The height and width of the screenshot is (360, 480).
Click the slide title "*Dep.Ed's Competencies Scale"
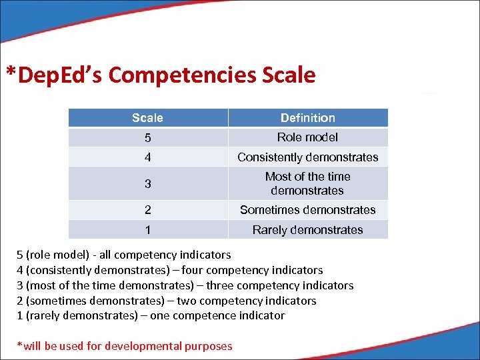pos(161,75)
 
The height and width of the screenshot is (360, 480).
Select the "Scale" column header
pos(147,118)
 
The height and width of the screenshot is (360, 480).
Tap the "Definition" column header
pos(308,118)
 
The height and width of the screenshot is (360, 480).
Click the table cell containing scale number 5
pos(147,138)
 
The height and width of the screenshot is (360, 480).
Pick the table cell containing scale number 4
pos(147,157)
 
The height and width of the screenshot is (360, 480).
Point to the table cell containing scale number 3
pos(147,183)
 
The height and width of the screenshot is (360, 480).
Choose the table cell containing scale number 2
pos(147,210)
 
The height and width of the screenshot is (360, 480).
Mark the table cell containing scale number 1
pos(147,230)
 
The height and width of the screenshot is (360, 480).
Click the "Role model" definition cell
pos(308,137)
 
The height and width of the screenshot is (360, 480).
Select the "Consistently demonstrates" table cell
pos(308,157)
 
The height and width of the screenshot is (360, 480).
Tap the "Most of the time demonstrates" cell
pos(308,183)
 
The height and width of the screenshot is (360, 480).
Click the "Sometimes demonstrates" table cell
pos(308,210)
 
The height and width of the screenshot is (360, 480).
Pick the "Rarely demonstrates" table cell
pos(308,230)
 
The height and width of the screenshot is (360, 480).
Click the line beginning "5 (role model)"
pos(124,255)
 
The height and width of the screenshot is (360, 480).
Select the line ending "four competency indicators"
pos(170,270)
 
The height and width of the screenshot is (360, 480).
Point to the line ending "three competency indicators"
pos(185,285)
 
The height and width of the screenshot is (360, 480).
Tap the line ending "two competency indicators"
pos(167,301)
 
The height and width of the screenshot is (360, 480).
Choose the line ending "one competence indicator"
pos(151,316)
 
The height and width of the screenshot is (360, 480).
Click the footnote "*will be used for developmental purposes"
pos(125,346)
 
